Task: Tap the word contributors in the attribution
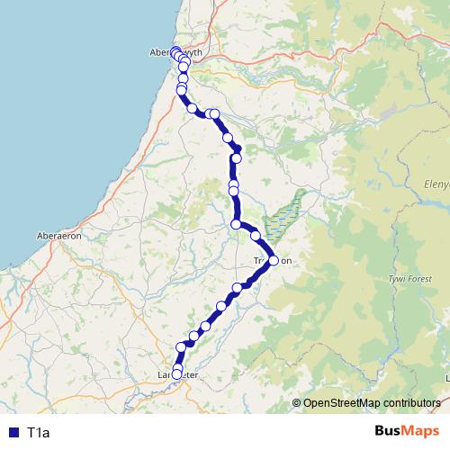[x=413, y=402]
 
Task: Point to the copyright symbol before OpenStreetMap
[x=297, y=402]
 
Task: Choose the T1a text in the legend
[x=39, y=433]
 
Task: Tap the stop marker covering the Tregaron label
[x=274, y=261]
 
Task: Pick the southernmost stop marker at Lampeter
[x=176, y=374]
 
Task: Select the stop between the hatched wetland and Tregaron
[x=256, y=236]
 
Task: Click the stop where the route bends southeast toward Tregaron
[x=236, y=224]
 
